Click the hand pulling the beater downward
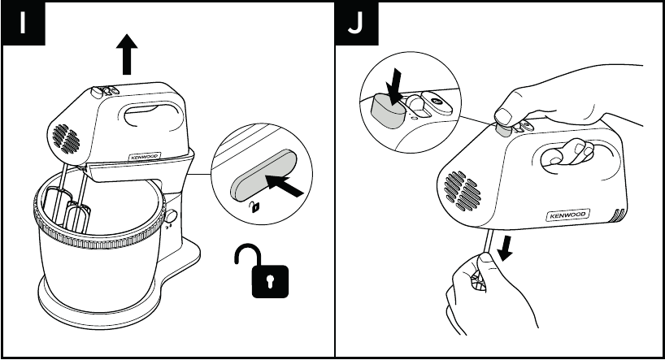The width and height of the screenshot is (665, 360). pos(480,293)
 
